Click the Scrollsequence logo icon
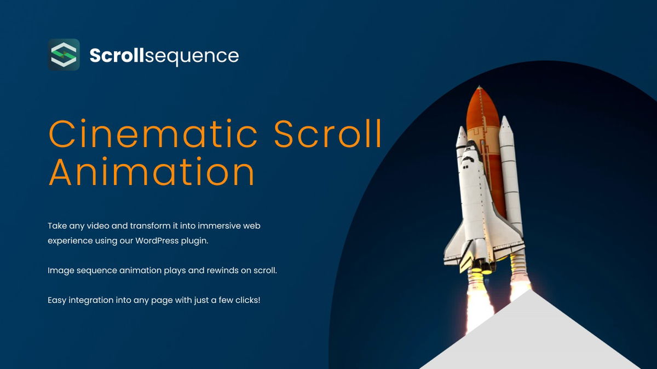coord(64,55)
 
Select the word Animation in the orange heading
coord(152,172)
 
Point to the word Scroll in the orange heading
coord(328,134)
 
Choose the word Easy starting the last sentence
coord(57,300)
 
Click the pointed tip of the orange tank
coord(480,87)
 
